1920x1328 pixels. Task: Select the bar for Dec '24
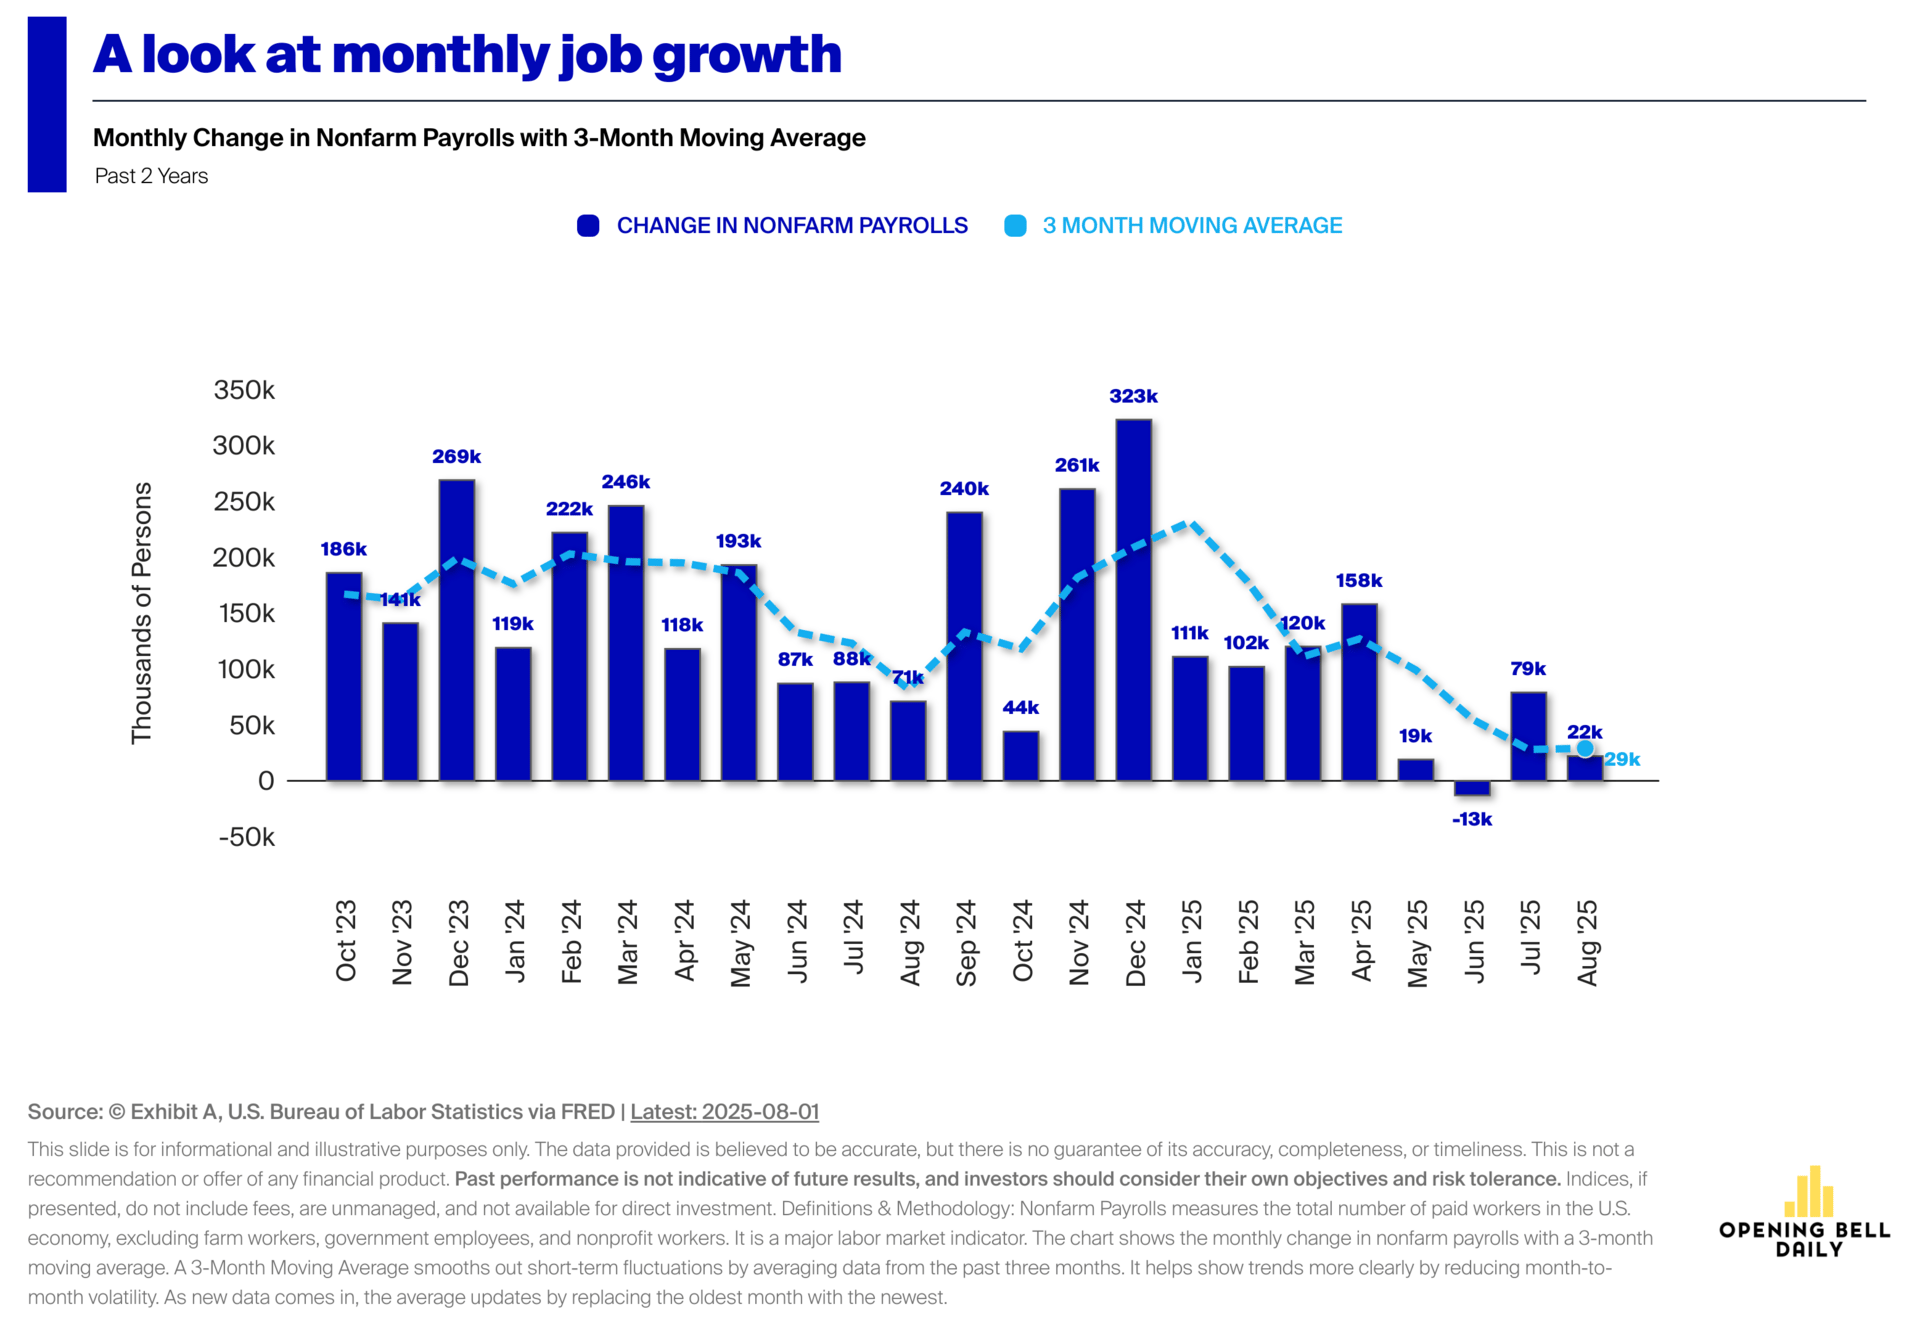pyautogui.click(x=1133, y=600)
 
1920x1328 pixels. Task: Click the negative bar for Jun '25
pyautogui.click(x=1472, y=788)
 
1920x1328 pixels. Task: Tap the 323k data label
pyautogui.click(x=1133, y=396)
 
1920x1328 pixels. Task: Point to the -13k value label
pyautogui.click(x=1472, y=819)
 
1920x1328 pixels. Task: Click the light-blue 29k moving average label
pyautogui.click(x=1622, y=759)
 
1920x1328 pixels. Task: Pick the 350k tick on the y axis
pyautogui.click(x=244, y=390)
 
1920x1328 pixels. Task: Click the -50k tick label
pyautogui.click(x=246, y=837)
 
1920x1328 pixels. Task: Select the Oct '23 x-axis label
pyautogui.click(x=346, y=940)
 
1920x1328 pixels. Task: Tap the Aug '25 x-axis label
pyautogui.click(x=1587, y=942)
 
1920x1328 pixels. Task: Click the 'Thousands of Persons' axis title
pyautogui.click(x=142, y=612)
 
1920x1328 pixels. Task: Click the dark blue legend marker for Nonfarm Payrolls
pyautogui.click(x=588, y=226)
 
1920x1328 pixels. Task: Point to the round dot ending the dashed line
pyautogui.click(x=1585, y=748)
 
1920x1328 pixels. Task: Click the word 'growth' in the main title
pyautogui.click(x=747, y=55)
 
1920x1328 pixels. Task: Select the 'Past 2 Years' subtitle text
pyautogui.click(x=151, y=176)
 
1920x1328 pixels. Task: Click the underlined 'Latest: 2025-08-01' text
pyautogui.click(x=724, y=1111)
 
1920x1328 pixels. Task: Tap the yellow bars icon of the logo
pyautogui.click(x=1809, y=1191)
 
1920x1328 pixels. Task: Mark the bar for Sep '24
pyautogui.click(x=964, y=646)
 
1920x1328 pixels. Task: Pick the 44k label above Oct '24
pyautogui.click(x=1020, y=707)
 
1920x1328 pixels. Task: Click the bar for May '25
pyautogui.click(x=1416, y=769)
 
